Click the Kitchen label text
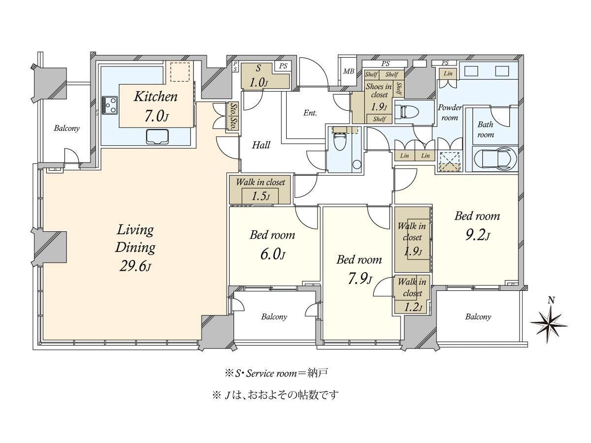[x=156, y=96]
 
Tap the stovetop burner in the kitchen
[x=110, y=105]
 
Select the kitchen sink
[x=157, y=137]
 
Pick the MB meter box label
[x=348, y=71]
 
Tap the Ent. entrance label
[x=310, y=113]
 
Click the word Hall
[x=261, y=145]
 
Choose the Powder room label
[x=449, y=112]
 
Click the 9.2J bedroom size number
[x=478, y=235]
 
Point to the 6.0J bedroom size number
[x=272, y=254]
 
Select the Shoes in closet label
[x=379, y=91]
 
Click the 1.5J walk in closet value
[x=261, y=196]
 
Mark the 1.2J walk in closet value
[x=413, y=307]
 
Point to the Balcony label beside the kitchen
[x=66, y=128]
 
